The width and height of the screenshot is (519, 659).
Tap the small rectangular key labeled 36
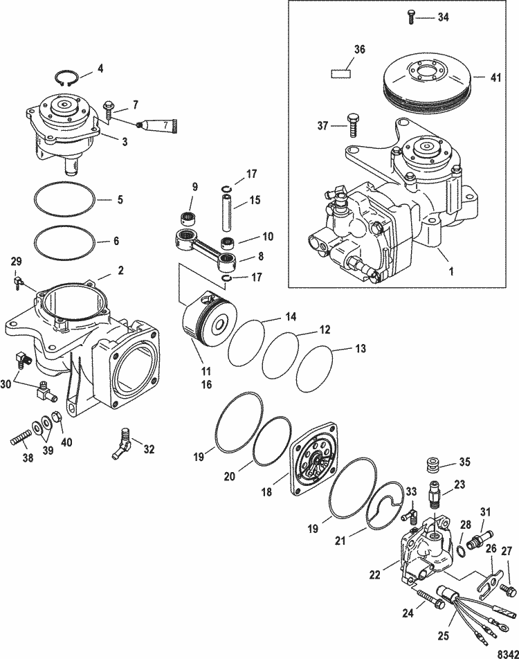click(341, 71)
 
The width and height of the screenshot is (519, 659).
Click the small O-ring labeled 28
click(462, 552)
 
